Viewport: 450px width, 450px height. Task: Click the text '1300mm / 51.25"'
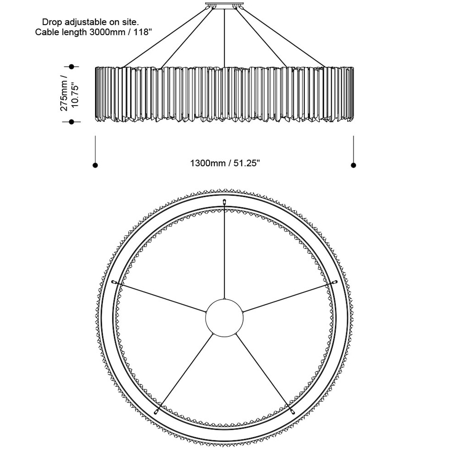[225, 163]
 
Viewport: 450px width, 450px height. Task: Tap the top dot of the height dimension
[71, 67]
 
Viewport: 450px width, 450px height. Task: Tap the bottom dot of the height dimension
[71, 122]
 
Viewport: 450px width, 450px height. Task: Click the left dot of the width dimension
[95, 165]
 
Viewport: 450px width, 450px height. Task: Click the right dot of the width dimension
[354, 165]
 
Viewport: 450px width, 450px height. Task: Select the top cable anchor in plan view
[224, 201]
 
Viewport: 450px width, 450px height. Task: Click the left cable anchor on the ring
[114, 282]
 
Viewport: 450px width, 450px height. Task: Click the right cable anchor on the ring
[334, 282]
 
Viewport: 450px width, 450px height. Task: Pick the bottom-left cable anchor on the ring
[156, 412]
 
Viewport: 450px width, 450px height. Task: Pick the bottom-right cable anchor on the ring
[292, 412]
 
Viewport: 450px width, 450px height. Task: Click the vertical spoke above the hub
[224, 251]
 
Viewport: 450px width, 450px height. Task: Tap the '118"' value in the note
[142, 32]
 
